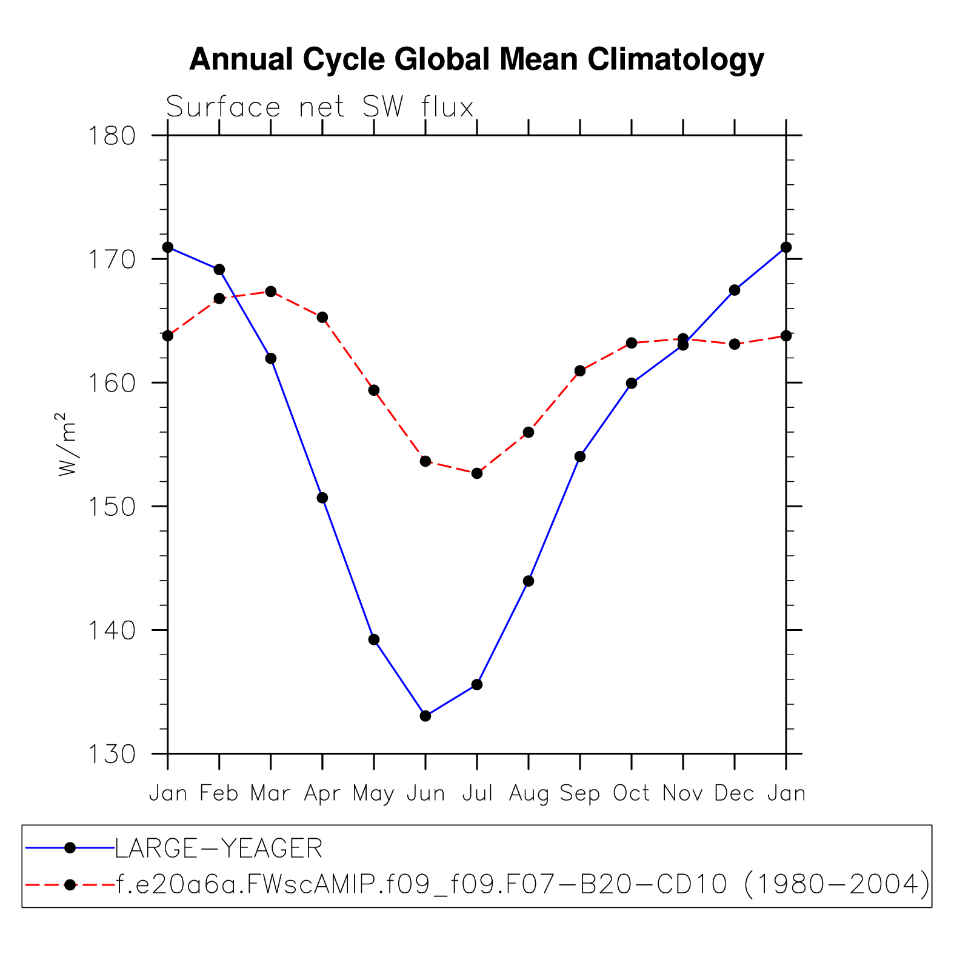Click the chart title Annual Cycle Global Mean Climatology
point(476,60)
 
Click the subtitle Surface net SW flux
point(319,107)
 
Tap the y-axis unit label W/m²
point(67,444)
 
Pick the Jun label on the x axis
point(425,793)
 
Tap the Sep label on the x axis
point(580,793)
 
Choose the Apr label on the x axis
point(322,793)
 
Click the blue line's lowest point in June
point(425,716)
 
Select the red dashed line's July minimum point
point(477,473)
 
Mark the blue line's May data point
point(374,639)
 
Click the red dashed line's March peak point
point(271,292)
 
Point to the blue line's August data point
point(529,581)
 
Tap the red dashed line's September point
point(580,371)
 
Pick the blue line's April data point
point(322,498)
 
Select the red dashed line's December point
point(735,344)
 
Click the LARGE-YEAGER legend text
point(219,848)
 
